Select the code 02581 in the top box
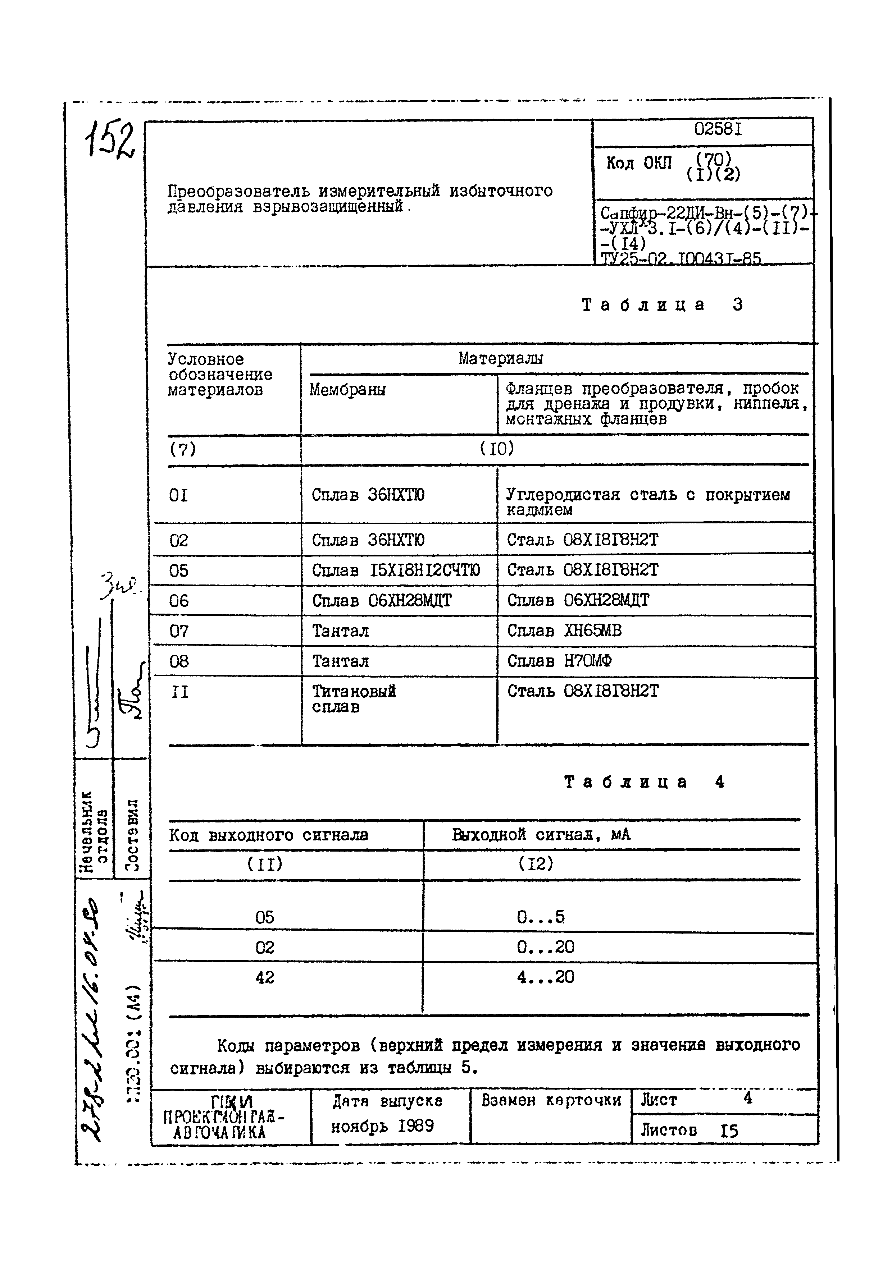click(x=718, y=130)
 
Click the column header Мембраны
click(x=347, y=390)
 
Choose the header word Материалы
click(x=501, y=359)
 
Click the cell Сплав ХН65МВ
click(x=564, y=631)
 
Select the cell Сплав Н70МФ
click(x=559, y=661)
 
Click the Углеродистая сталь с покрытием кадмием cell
click(x=647, y=502)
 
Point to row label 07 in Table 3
click(x=179, y=632)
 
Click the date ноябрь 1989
click(x=383, y=1127)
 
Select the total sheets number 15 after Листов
click(x=729, y=1131)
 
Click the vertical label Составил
click(x=131, y=835)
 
